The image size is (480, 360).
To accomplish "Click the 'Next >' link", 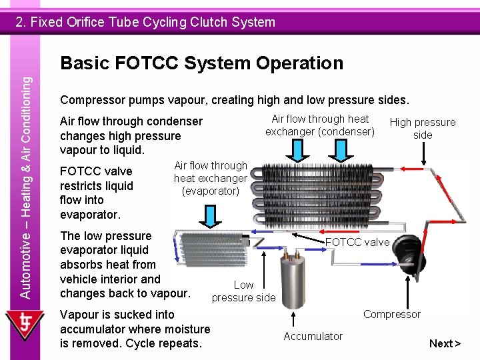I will coord(445,343).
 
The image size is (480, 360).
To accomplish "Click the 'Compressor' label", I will coord(391,314).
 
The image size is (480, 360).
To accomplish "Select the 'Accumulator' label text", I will coord(313,337).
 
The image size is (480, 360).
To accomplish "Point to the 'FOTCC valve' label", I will coord(357,242).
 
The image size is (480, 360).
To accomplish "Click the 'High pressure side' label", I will coord(422,129).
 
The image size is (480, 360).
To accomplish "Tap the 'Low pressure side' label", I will coord(243,291).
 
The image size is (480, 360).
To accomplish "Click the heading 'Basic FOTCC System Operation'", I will coord(201,63).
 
